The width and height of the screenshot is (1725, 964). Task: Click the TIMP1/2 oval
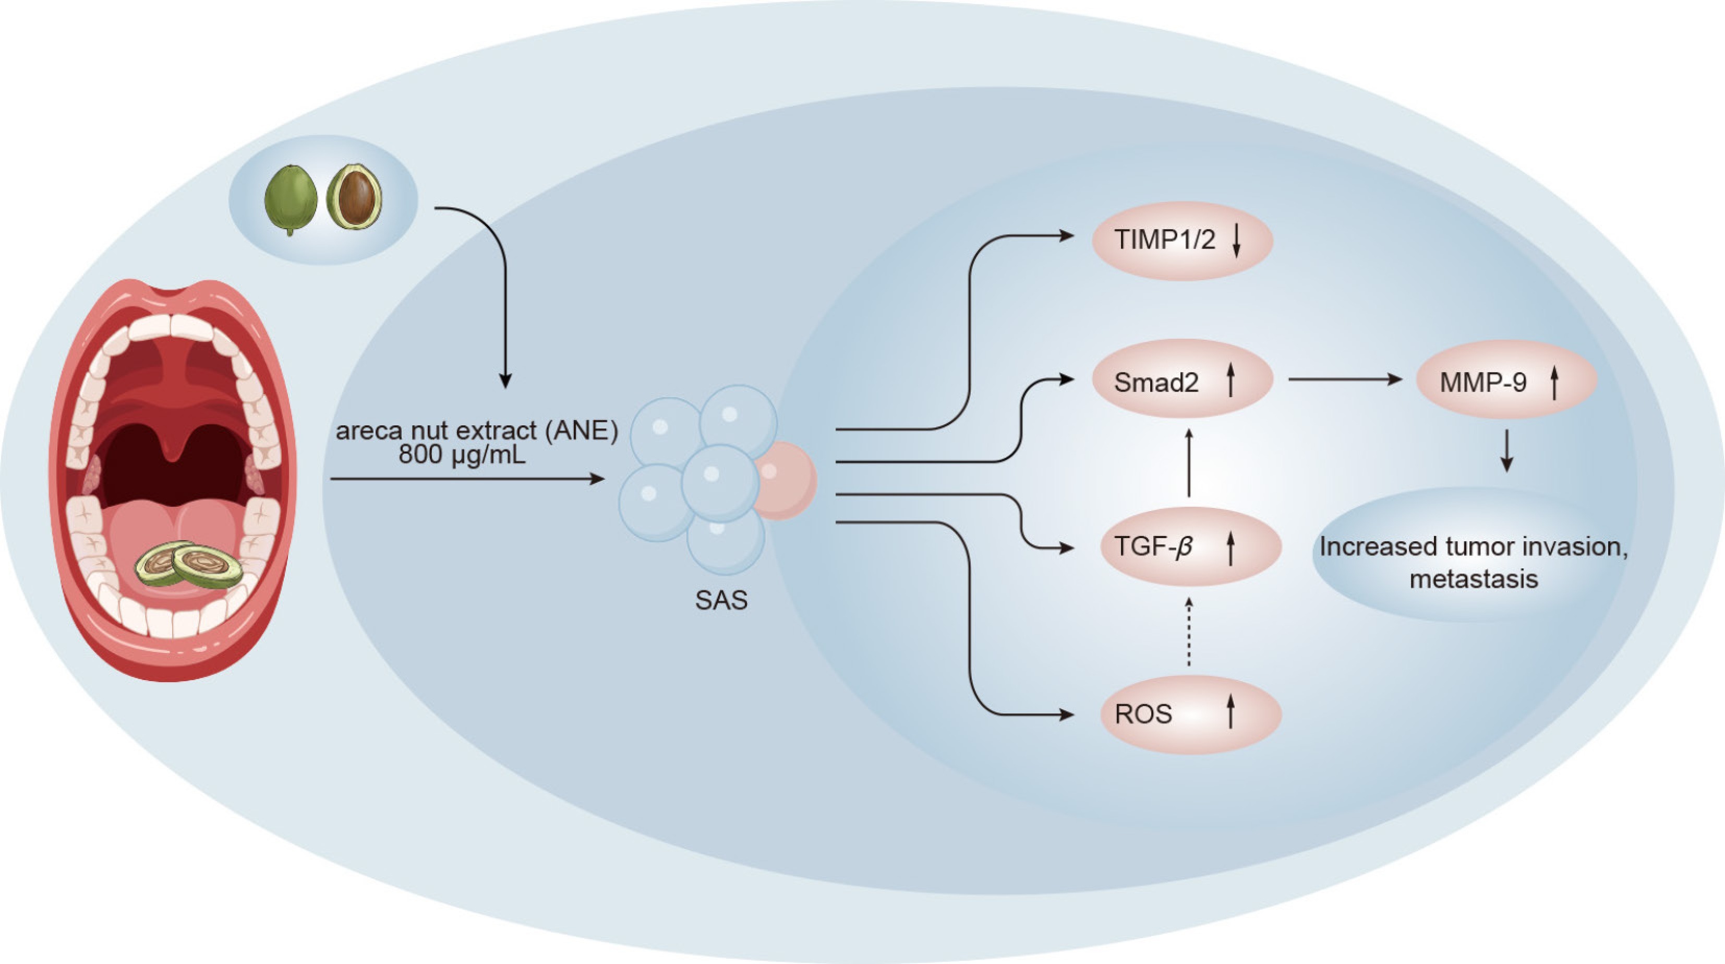coord(1182,241)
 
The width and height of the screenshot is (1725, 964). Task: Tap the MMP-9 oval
coord(1506,380)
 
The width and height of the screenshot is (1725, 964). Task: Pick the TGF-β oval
coord(1191,546)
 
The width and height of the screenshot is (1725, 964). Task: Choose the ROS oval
coord(1191,713)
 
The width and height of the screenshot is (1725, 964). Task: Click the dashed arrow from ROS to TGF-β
coord(1189,632)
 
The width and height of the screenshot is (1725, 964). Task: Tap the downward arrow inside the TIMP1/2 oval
coord(1236,241)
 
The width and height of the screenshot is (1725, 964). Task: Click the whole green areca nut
coord(290,199)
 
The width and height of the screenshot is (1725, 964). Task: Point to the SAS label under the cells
coord(721,600)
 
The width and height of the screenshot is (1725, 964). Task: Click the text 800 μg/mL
coord(462,455)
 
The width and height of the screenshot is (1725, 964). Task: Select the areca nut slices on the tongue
coord(189,565)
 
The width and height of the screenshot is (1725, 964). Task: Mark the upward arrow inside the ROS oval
coord(1230,712)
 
